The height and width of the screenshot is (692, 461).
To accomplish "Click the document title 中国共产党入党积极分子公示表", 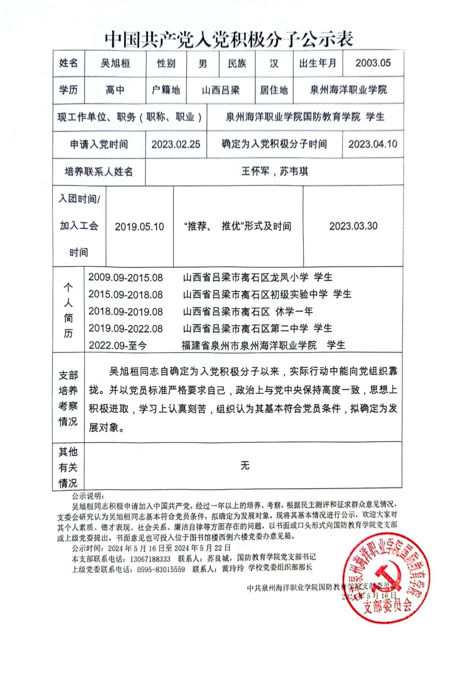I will pyautogui.click(x=229, y=39).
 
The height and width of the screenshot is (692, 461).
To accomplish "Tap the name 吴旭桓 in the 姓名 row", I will pyautogui.click(x=115, y=64).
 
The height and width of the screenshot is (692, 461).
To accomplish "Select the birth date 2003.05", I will pyautogui.click(x=373, y=63).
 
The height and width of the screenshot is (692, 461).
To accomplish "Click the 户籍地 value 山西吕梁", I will pyautogui.click(x=221, y=90).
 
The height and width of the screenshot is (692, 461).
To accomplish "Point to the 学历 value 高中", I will pyautogui.click(x=115, y=90).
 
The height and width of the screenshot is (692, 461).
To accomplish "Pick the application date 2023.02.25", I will pyautogui.click(x=176, y=144).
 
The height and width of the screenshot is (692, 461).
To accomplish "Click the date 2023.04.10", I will pyautogui.click(x=373, y=144).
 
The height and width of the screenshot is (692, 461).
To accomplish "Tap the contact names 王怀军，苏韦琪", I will pyautogui.click(x=274, y=172).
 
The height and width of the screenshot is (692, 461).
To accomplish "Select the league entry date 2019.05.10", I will pyautogui.click(x=139, y=226).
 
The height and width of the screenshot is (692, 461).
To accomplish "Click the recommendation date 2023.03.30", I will pyautogui.click(x=353, y=226).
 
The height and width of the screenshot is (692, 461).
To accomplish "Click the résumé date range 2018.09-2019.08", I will pyautogui.click(x=125, y=312).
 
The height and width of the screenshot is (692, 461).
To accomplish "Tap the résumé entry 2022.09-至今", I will pyautogui.click(x=118, y=345).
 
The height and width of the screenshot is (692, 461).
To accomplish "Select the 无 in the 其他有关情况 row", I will pyautogui.click(x=245, y=465).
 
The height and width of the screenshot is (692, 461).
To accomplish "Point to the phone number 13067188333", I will pyautogui.click(x=150, y=559).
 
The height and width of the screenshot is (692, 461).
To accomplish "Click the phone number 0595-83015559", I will pyautogui.click(x=161, y=569).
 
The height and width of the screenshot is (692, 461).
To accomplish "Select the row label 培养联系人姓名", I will pyautogui.click(x=99, y=172).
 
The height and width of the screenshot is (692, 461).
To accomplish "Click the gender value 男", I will pyautogui.click(x=203, y=64).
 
